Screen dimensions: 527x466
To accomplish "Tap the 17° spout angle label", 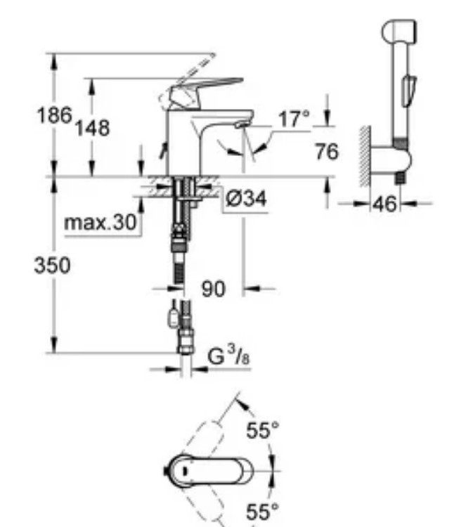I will coord(292,119).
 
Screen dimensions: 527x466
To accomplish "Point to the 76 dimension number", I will coord(326,151).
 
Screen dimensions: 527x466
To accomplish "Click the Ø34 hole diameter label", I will coord(246,200).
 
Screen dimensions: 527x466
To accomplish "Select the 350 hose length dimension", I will coord(53,265).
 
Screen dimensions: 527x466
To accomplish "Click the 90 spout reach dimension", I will coord(214,289).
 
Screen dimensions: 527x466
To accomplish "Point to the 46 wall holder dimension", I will coord(384,204).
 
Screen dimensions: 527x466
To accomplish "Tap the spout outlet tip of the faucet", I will coord(241,124).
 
